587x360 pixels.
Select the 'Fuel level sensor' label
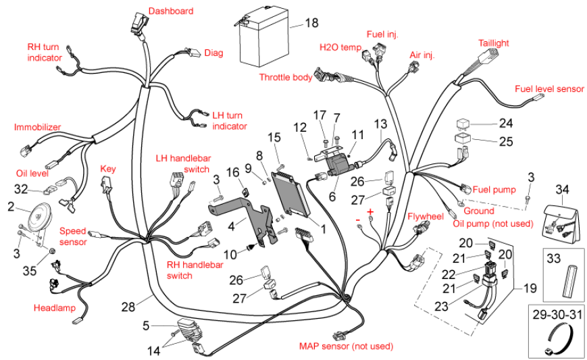point(549,89)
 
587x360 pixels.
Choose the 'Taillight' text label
point(493,43)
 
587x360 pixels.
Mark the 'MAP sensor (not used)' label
point(345,346)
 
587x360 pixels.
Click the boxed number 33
point(554,258)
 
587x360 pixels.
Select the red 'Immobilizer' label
point(37,127)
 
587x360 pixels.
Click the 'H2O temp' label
point(340,47)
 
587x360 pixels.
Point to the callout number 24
point(506,124)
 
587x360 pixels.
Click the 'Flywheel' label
point(425,216)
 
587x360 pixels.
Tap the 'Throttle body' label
point(286,77)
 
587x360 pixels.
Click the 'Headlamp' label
point(52,308)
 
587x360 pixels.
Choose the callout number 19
point(530,288)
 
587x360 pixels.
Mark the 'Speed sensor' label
point(73,236)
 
